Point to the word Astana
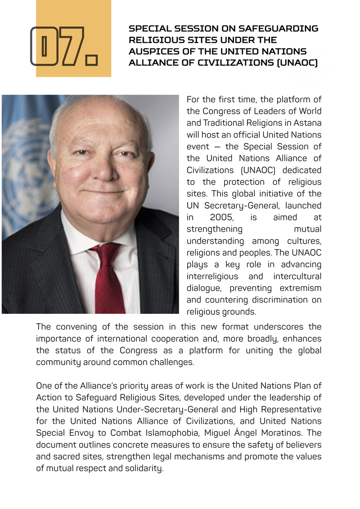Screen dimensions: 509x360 [x=309, y=123]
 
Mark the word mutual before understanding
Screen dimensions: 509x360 [x=308, y=228]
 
